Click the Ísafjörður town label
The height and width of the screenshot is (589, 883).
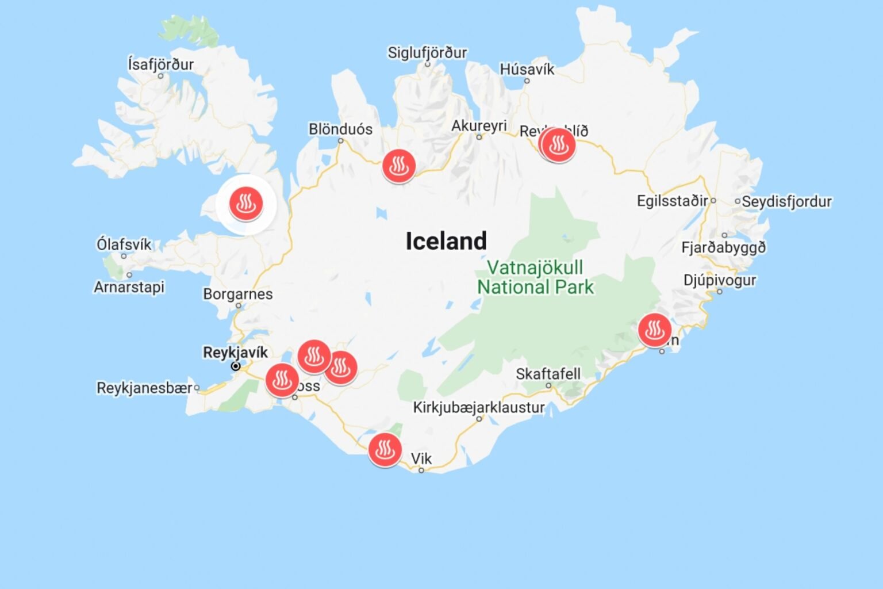click(160, 64)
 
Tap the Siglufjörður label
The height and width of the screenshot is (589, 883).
click(427, 52)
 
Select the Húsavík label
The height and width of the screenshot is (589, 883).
click(527, 69)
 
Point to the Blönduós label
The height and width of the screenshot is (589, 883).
click(340, 129)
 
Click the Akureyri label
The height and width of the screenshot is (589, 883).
click(478, 125)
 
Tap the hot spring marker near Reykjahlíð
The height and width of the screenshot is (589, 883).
click(558, 144)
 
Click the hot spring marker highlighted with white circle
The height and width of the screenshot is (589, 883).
click(246, 204)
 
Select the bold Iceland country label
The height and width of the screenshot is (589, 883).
click(446, 241)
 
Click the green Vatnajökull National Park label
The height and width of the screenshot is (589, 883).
click(535, 277)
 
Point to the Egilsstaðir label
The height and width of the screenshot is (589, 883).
click(672, 201)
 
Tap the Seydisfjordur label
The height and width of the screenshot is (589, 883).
click(786, 201)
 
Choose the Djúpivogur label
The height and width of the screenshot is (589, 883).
click(719, 280)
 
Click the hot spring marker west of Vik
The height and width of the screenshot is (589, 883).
click(385, 449)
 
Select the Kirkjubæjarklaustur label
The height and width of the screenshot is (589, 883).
click(478, 407)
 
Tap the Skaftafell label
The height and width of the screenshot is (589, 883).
click(547, 374)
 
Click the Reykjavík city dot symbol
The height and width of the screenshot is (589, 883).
click(236, 366)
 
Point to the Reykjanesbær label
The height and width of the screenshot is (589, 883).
click(144, 388)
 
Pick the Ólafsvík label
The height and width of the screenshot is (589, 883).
click(124, 244)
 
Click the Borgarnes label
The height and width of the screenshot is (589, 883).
click(237, 294)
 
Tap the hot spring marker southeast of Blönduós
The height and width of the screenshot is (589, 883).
click(398, 166)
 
